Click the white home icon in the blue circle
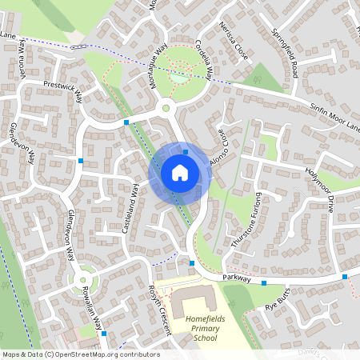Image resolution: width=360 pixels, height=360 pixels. pyautogui.click(x=180, y=172)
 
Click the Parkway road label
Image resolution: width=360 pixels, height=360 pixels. pyautogui.click(x=238, y=278)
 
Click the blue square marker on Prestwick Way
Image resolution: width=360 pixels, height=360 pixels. pyautogui.click(x=126, y=122)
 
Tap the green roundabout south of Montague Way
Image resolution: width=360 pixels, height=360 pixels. pyautogui.click(x=166, y=107)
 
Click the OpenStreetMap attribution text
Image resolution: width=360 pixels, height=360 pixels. pyautogui.click(x=80, y=354)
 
